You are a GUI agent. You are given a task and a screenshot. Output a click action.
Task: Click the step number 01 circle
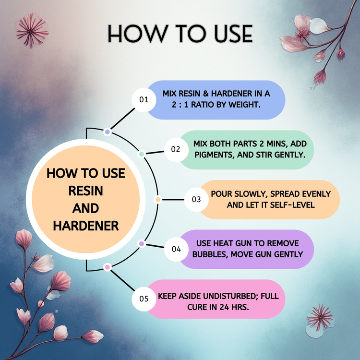[144, 100]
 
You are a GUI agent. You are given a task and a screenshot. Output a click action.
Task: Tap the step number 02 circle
[176, 150]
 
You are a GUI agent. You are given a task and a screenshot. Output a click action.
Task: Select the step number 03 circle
[196, 200]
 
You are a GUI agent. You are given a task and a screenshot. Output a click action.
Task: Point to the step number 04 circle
[176, 249]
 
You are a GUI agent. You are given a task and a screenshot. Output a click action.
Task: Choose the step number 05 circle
[144, 299]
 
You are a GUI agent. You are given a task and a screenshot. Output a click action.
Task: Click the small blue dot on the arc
[107, 132]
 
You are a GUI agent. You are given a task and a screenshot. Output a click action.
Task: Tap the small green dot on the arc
[142, 154]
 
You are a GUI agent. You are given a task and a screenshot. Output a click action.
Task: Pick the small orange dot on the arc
[158, 200]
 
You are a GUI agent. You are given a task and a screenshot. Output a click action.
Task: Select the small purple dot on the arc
[142, 244]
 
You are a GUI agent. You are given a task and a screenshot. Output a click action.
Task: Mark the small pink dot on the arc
[107, 267]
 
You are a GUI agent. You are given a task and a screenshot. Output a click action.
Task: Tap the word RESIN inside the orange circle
[86, 191]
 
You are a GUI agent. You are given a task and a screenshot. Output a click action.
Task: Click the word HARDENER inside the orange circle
[86, 226]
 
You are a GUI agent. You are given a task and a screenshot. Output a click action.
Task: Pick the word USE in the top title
[233, 34]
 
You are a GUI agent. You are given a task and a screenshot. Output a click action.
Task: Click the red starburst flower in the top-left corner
[32, 30]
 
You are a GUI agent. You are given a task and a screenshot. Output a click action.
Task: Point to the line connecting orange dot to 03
[173, 200]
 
